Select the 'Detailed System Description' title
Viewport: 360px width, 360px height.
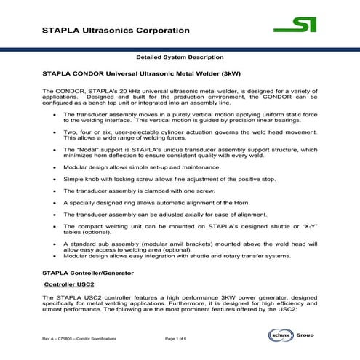180,56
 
